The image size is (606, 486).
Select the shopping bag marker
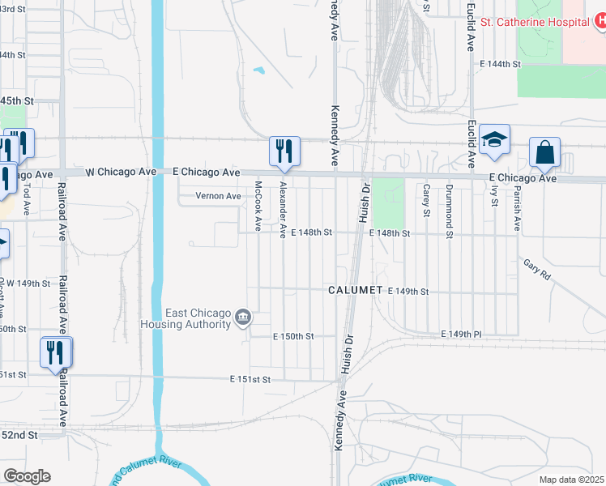pos(545,152)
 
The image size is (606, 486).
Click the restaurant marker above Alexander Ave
pos(284,151)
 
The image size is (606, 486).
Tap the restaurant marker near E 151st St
pos(56,353)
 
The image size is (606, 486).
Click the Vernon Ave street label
pos(219,196)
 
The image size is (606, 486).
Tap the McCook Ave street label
pos(258,203)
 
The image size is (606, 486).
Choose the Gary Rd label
pos(536,270)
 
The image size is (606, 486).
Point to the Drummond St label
pos(449,201)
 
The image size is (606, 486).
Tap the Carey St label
pos(426,200)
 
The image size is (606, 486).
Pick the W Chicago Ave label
pos(121,172)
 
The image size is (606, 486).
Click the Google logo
pos(27,476)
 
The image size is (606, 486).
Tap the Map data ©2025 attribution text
pos(571,480)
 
